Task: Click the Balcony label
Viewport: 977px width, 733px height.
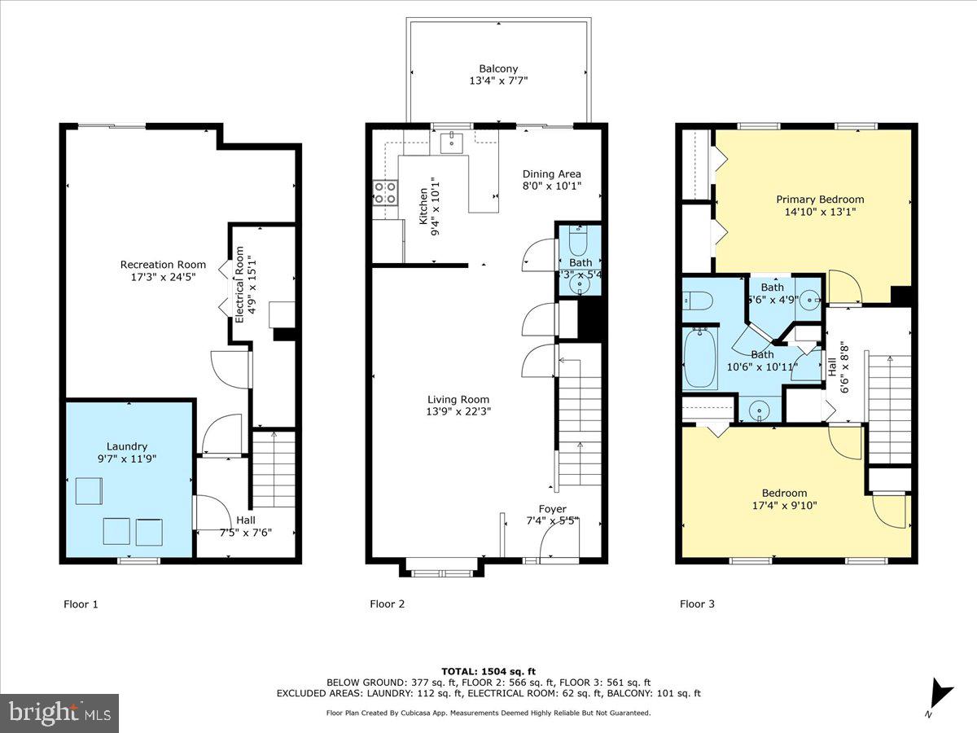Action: pyautogui.click(x=498, y=69)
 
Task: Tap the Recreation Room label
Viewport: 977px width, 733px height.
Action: pyautogui.click(x=163, y=265)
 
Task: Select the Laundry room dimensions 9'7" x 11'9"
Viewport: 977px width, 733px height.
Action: pyautogui.click(x=127, y=459)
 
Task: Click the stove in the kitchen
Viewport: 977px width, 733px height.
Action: pyautogui.click(x=385, y=193)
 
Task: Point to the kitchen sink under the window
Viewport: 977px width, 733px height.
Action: pyautogui.click(x=450, y=143)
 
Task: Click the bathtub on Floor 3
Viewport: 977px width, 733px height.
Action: pyautogui.click(x=700, y=358)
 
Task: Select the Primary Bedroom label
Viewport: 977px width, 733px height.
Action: pyautogui.click(x=820, y=200)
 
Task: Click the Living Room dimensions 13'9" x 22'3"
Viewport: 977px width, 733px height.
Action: pyautogui.click(x=459, y=411)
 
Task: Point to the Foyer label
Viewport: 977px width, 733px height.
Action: pyautogui.click(x=552, y=509)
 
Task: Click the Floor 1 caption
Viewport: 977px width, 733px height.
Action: pyautogui.click(x=81, y=604)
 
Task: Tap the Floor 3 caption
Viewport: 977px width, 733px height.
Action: pyautogui.click(x=697, y=604)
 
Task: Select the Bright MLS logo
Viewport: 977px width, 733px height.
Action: pyautogui.click(x=59, y=713)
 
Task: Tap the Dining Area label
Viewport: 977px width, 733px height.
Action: pyautogui.click(x=552, y=173)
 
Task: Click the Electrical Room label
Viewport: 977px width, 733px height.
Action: pyautogui.click(x=240, y=285)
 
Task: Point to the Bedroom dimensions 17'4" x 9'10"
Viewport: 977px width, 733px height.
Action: pyautogui.click(x=784, y=505)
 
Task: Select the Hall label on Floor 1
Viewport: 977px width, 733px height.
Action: pyautogui.click(x=245, y=520)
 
